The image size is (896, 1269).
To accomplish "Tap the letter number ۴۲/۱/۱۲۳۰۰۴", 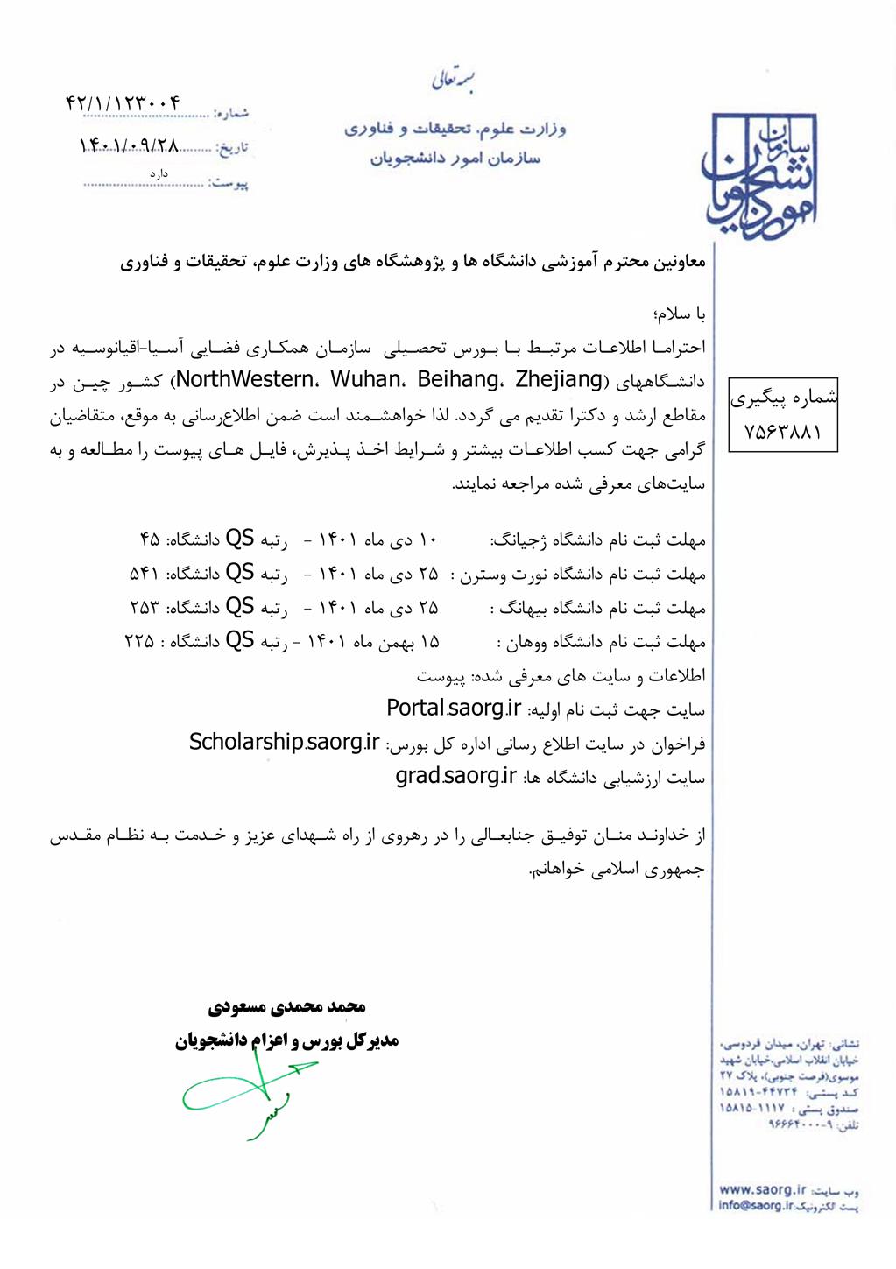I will (123, 103).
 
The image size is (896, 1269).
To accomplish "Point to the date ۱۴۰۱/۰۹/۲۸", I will (130, 145).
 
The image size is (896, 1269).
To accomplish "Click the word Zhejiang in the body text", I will (559, 380).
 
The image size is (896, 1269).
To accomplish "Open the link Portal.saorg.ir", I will (454, 708).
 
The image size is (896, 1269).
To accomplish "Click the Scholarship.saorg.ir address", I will (284, 742).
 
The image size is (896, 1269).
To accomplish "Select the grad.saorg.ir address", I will (455, 776).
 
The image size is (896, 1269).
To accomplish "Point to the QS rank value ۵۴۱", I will (145, 574).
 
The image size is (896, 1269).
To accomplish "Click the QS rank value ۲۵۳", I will (145, 608).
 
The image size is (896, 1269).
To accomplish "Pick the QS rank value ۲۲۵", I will (139, 642).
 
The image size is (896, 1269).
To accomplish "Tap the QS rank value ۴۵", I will (149, 539).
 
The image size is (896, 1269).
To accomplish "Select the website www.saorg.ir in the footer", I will (761, 1189).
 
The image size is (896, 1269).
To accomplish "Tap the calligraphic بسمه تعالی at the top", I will (453, 81).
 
